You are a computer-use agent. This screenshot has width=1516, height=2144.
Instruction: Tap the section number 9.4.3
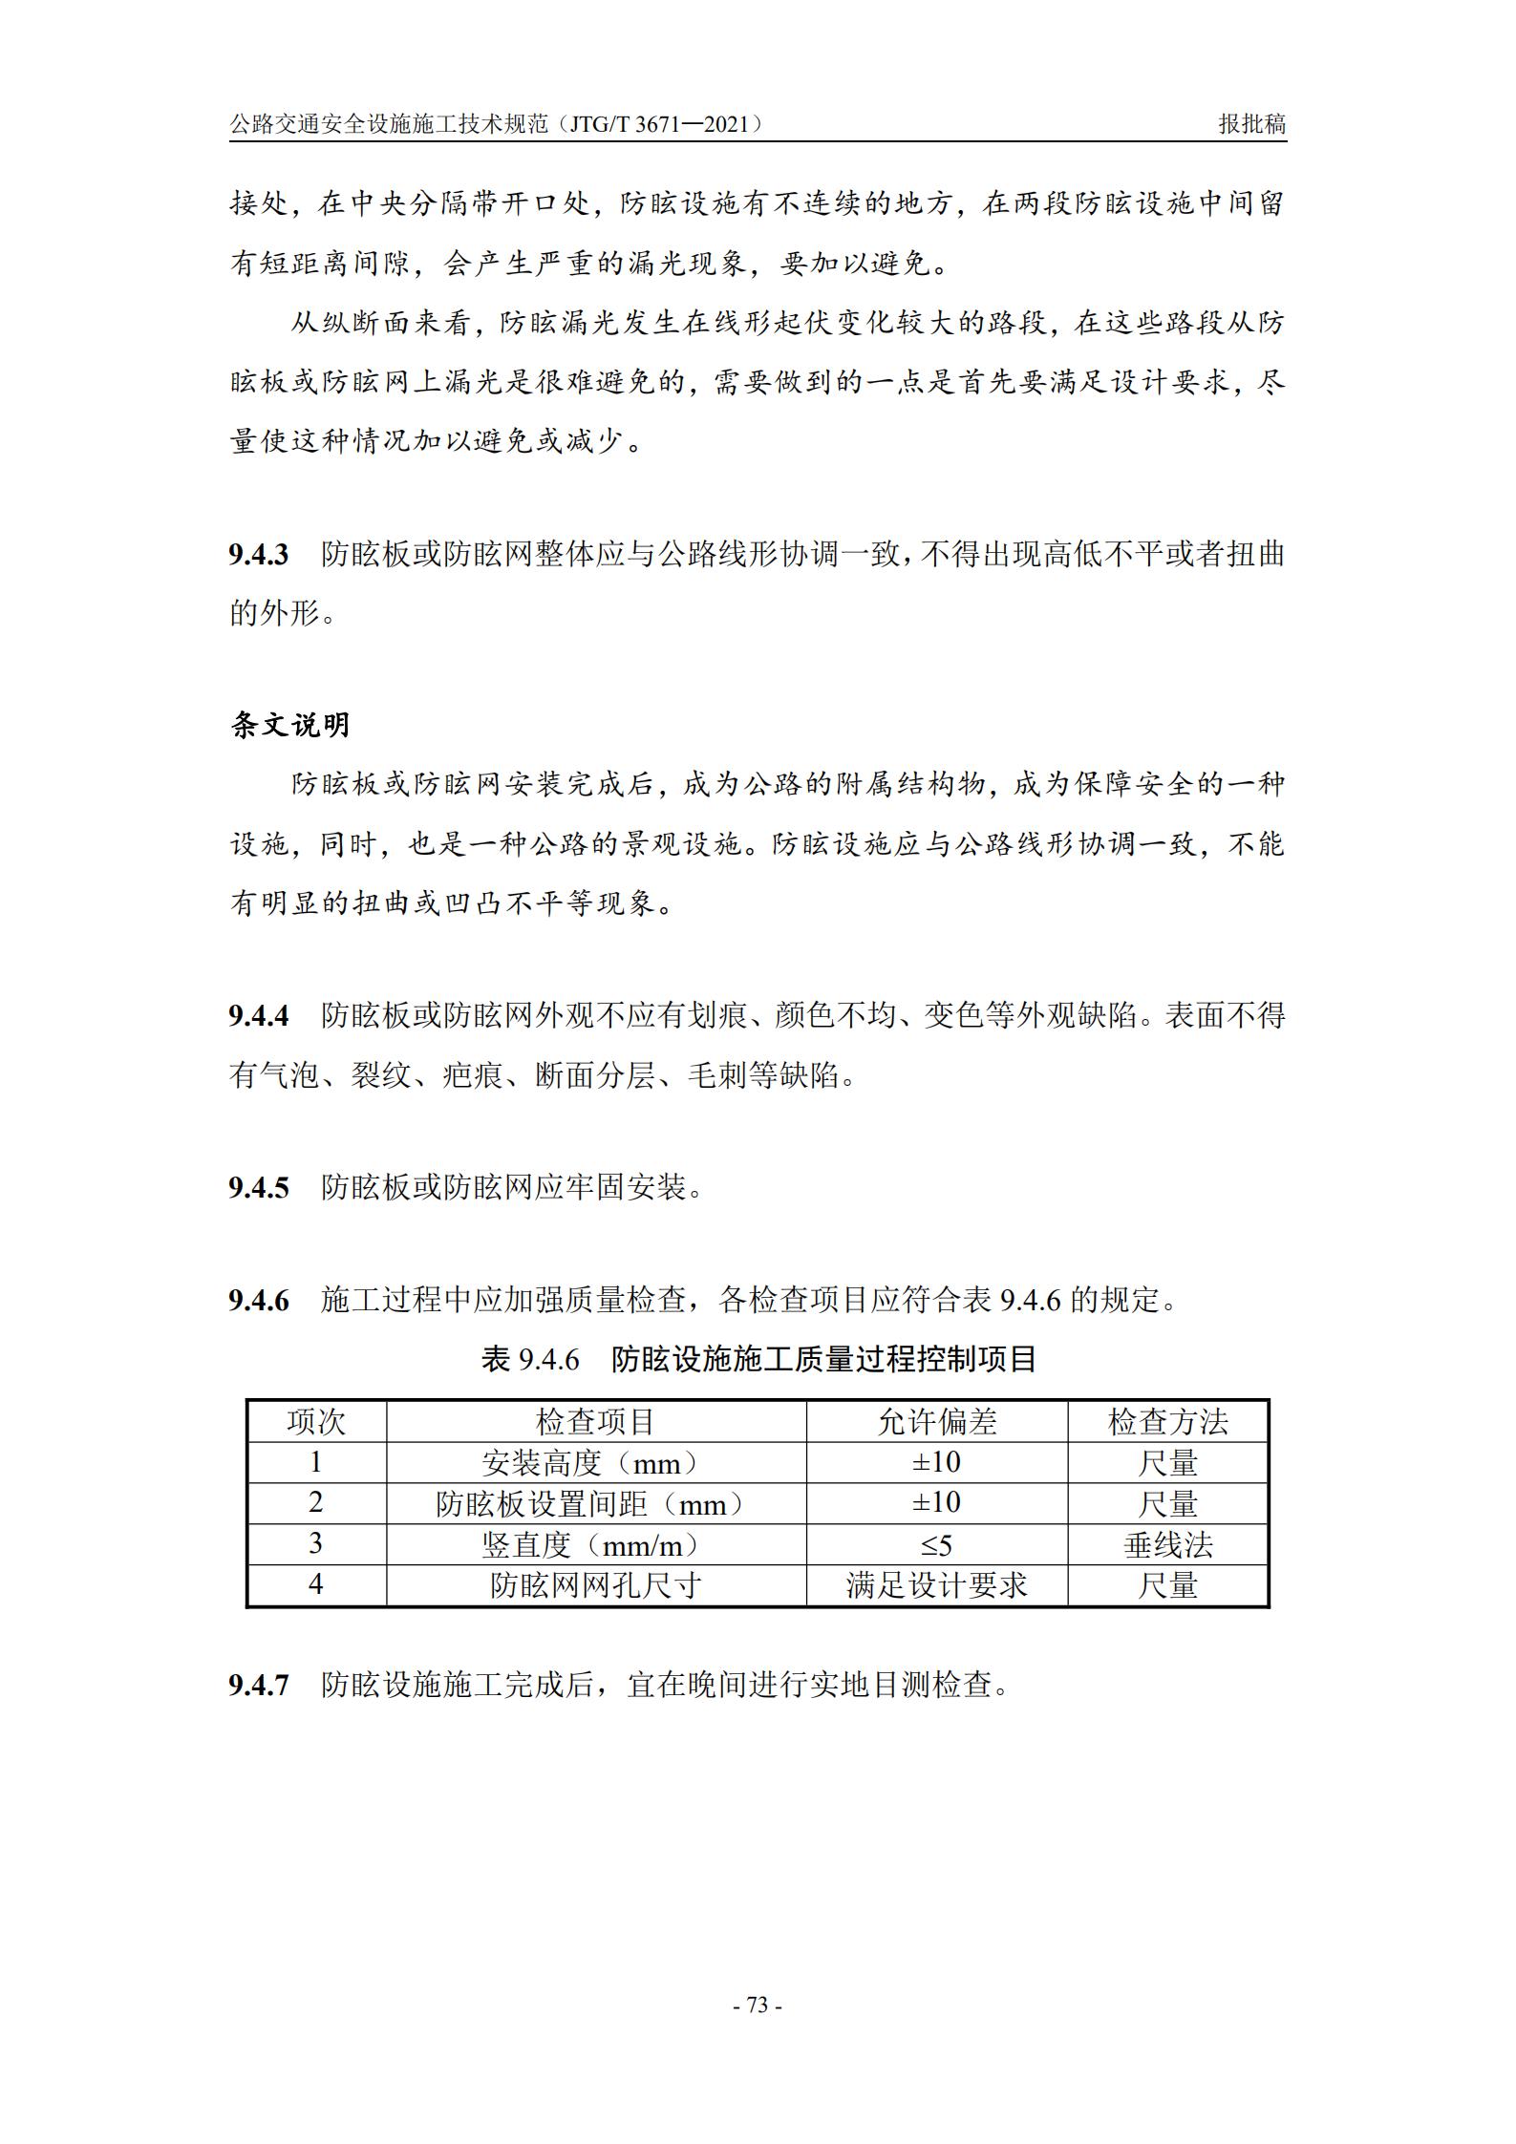258,555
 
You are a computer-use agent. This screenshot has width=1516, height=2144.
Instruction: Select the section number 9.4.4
258,1016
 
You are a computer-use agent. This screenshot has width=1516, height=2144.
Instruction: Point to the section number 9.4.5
258,1188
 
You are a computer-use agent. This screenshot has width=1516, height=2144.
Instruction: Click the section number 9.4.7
258,1685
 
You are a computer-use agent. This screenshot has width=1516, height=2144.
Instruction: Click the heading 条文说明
290,726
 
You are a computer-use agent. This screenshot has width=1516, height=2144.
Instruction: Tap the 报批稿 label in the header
1251,124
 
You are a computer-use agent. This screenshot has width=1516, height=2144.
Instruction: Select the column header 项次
316,1422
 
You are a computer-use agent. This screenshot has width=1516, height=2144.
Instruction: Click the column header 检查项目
595,1422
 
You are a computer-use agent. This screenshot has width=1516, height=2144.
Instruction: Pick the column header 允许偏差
936,1422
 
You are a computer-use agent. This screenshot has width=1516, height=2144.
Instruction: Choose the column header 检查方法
1167,1422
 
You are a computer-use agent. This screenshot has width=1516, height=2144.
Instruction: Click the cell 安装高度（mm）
595,1463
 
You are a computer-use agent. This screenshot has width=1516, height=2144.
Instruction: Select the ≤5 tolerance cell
936,1545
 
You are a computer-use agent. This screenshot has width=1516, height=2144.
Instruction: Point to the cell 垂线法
1167,1545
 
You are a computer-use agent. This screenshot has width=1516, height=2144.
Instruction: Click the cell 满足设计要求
936,1586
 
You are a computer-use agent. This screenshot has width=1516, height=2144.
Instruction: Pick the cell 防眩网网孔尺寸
595,1586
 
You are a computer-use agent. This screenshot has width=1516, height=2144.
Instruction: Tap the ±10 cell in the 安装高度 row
936,1463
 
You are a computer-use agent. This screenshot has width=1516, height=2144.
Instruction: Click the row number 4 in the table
316,1586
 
